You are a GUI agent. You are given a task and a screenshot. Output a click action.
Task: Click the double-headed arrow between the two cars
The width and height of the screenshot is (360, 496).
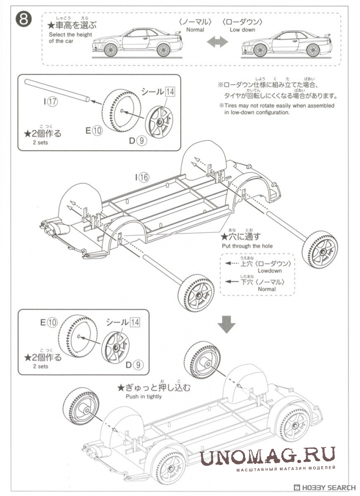click(217, 43)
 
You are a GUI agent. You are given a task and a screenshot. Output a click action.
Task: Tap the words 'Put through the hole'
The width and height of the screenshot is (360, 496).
click(247, 246)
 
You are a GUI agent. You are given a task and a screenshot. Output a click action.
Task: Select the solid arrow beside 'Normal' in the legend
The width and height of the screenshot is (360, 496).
click(232, 282)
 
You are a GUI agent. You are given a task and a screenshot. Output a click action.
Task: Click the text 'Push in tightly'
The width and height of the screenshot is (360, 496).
click(144, 396)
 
